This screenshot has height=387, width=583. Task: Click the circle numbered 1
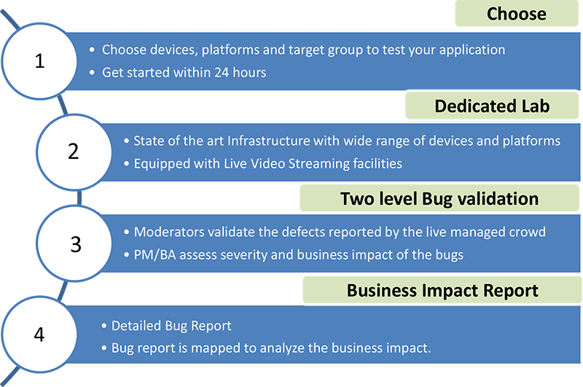pos(39,61)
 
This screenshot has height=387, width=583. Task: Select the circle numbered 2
pos(74,152)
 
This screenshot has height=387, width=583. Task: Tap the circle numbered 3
pos(74,243)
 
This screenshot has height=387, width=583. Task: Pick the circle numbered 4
pos(39,335)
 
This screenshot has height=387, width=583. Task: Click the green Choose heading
pos(517,14)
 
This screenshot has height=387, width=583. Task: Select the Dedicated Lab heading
pos(492,106)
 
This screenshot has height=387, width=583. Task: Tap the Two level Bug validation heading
pos(439,198)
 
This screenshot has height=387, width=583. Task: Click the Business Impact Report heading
pos(442,290)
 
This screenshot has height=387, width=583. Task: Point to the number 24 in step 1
pos(222,72)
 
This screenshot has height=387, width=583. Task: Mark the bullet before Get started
pos(93,73)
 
